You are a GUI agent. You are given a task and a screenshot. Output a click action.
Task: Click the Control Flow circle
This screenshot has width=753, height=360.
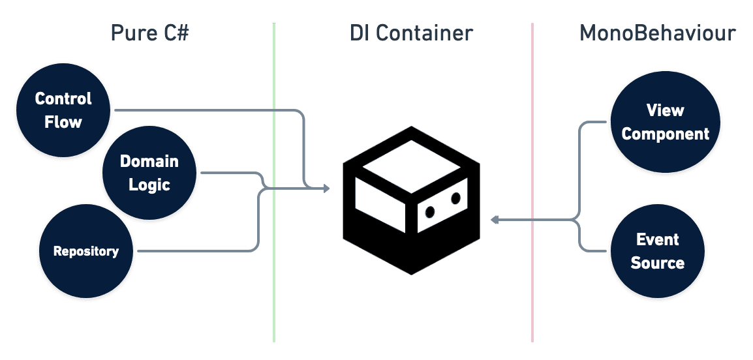pos(63,110)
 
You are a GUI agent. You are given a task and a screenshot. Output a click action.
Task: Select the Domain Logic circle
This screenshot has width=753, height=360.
pos(149,173)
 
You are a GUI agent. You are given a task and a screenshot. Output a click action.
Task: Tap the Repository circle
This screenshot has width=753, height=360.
pos(85,251)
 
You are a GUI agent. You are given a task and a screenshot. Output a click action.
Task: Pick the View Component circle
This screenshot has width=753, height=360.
pos(665,122)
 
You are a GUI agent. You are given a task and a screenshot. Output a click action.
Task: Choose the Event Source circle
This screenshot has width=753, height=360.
pos(657,251)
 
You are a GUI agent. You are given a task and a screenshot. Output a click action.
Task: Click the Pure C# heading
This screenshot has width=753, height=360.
pos(149,33)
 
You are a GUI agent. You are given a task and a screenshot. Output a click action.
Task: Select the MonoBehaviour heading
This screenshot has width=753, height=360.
pos(658,33)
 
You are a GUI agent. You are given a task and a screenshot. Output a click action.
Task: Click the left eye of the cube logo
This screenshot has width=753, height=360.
pos(430,211)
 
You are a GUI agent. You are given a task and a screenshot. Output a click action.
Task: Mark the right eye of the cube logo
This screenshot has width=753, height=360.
pos(455,197)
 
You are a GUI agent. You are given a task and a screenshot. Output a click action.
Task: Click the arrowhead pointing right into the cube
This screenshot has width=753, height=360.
pos(326,189)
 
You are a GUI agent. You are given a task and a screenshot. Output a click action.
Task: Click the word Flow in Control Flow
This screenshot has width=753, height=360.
pos(63,122)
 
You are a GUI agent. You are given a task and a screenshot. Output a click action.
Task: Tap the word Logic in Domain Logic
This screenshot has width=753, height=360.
pos(149,185)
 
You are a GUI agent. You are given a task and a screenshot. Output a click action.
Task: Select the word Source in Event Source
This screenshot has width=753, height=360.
pos(658,263)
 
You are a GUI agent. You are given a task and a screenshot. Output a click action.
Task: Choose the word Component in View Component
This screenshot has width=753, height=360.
pos(665,134)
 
